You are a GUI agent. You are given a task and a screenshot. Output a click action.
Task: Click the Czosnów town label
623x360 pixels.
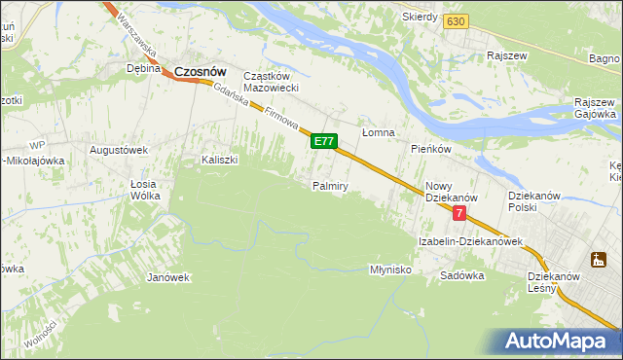pyautogui.click(x=201, y=71)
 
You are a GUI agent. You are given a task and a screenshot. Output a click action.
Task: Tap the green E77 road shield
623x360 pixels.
pyautogui.click(x=324, y=142)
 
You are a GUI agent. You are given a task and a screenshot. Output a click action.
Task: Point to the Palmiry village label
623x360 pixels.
pyautogui.click(x=330, y=185)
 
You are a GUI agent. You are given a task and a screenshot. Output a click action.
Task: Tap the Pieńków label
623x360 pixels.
pyautogui.click(x=430, y=150)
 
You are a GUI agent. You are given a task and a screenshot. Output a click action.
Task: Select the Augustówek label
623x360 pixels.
pyautogui.click(x=118, y=150)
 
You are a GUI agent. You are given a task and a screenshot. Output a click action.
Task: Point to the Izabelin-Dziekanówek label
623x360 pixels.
pyautogui.click(x=471, y=240)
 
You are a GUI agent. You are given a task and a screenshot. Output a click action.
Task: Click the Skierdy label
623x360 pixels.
pyautogui.click(x=421, y=18)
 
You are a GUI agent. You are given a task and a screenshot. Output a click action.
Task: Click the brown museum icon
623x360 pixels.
pyautogui.click(x=597, y=259)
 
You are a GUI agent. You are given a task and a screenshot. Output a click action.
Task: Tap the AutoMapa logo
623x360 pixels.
pyautogui.click(x=557, y=342)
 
